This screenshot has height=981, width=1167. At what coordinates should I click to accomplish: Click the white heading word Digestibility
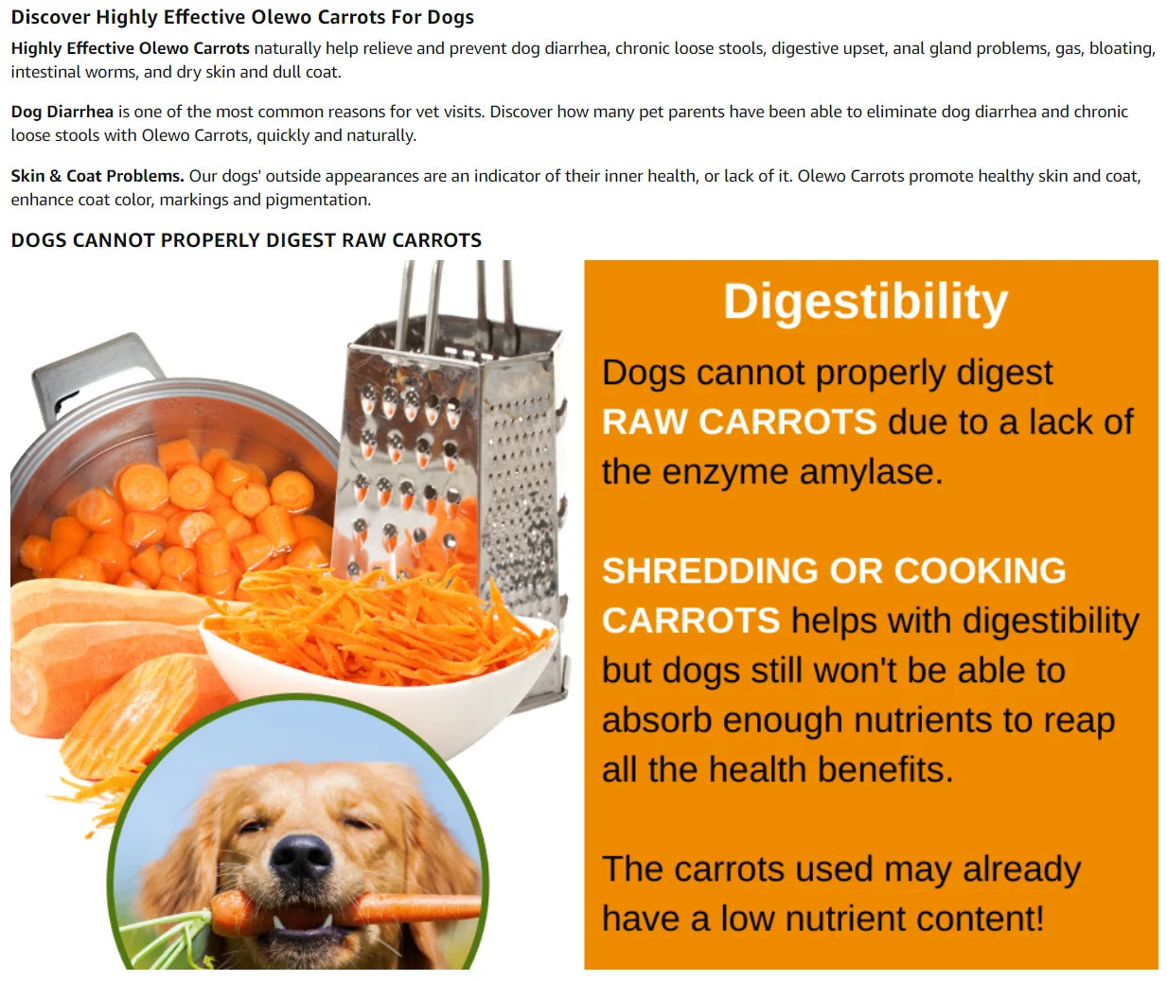[865, 303]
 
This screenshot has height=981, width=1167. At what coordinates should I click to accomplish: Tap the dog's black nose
[301, 856]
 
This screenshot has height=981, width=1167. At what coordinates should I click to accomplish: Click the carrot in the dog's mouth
[407, 908]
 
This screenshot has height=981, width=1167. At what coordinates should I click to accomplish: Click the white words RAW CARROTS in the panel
[739, 422]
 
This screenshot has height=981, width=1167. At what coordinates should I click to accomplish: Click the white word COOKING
[980, 570]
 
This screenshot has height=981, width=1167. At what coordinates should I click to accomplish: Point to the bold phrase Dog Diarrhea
[62, 112]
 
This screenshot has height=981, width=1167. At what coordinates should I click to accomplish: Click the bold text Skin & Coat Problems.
[97, 176]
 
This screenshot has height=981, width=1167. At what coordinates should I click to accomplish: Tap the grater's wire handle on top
[454, 293]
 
